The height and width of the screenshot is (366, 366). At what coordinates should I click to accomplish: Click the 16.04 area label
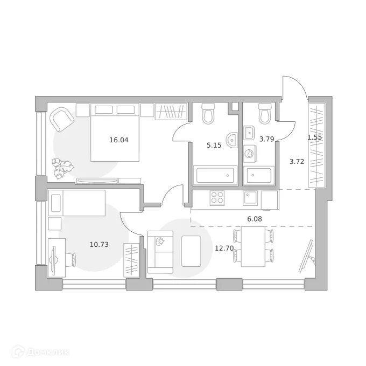click(x=119, y=140)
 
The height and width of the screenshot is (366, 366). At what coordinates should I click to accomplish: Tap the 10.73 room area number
click(x=99, y=244)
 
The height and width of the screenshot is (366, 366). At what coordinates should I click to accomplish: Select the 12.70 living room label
click(x=224, y=248)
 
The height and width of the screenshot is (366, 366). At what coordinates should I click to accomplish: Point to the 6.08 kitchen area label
click(x=255, y=219)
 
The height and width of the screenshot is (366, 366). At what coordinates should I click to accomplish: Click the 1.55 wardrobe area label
click(x=314, y=137)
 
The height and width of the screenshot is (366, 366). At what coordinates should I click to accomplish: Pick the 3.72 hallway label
click(x=297, y=161)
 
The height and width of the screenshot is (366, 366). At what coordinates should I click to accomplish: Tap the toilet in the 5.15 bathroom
click(x=208, y=113)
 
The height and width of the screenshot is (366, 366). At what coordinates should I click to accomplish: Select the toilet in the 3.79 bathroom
click(x=265, y=114)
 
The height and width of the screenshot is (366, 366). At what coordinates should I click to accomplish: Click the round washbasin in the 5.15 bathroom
click(x=232, y=140)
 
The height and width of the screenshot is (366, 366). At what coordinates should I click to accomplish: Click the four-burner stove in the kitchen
click(x=217, y=198)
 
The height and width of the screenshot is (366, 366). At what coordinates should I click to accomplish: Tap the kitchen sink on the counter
click(x=251, y=198)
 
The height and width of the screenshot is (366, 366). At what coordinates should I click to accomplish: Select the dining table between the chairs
click(x=253, y=246)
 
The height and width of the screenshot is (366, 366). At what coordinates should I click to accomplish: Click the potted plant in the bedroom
click(x=63, y=167)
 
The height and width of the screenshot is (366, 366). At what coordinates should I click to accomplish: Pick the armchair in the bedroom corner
click(x=62, y=119)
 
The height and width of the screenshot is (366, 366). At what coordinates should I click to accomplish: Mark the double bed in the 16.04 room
click(x=115, y=132)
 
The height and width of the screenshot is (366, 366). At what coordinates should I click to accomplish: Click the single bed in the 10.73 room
click(x=76, y=203)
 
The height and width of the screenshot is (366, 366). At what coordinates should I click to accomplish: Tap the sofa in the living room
click(x=160, y=251)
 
